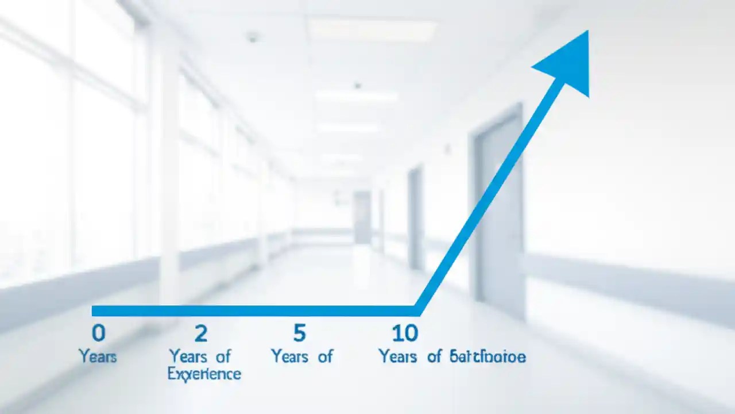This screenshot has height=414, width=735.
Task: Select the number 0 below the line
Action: coord(98,333)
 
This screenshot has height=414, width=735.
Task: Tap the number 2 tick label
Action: coord(200,333)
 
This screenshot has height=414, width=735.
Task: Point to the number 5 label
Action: coord(299,333)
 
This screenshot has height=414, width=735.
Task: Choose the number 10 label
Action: coord(405,333)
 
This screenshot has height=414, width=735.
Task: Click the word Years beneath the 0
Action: coord(98,356)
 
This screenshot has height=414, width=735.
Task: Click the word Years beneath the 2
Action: coord(187,356)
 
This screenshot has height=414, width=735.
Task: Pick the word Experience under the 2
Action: coord(204,374)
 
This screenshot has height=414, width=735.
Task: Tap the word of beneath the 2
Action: coord(223,356)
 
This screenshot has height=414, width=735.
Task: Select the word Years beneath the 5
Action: coord(289,356)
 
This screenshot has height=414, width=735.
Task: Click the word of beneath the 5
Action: coord(325,356)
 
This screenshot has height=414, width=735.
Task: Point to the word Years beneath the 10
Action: coord(397,356)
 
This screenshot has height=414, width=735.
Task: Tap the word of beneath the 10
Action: coord(434,356)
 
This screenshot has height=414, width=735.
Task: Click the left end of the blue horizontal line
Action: coord(94,311)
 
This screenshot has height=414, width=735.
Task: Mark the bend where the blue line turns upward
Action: coord(418,310)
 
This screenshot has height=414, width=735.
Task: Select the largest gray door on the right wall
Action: coord(498,213)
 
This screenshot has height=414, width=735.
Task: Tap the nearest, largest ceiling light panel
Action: coord(372,29)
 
